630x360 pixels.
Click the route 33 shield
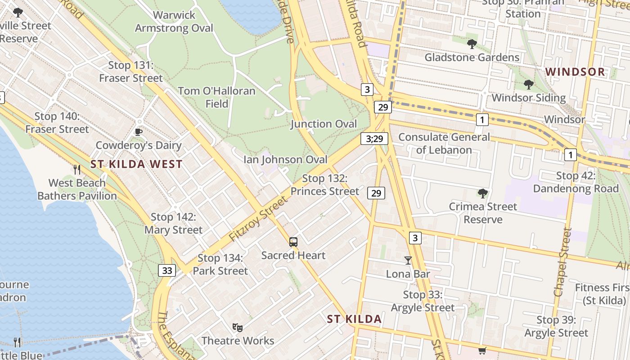click(167, 270)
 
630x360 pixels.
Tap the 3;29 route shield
click(374, 139)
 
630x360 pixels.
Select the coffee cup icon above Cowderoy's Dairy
click(139, 132)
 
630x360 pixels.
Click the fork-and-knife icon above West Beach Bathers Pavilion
click(77, 169)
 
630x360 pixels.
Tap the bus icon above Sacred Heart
click(293, 242)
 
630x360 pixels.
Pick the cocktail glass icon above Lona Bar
click(408, 260)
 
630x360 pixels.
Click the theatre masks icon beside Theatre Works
click(237, 328)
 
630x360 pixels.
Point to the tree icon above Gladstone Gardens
click(472, 44)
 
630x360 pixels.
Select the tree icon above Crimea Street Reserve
click(483, 193)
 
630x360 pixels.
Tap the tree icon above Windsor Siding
click(529, 85)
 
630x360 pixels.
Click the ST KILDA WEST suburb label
click(136, 164)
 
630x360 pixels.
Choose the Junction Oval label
click(324, 124)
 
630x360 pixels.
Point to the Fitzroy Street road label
click(257, 219)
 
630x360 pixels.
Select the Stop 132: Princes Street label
click(325, 185)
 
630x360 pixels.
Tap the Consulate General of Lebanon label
click(444, 143)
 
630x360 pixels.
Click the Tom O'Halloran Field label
click(216, 97)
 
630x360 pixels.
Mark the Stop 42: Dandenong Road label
click(576, 182)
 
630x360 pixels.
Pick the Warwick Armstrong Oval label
click(174, 22)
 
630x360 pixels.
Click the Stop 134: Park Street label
click(220, 265)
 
